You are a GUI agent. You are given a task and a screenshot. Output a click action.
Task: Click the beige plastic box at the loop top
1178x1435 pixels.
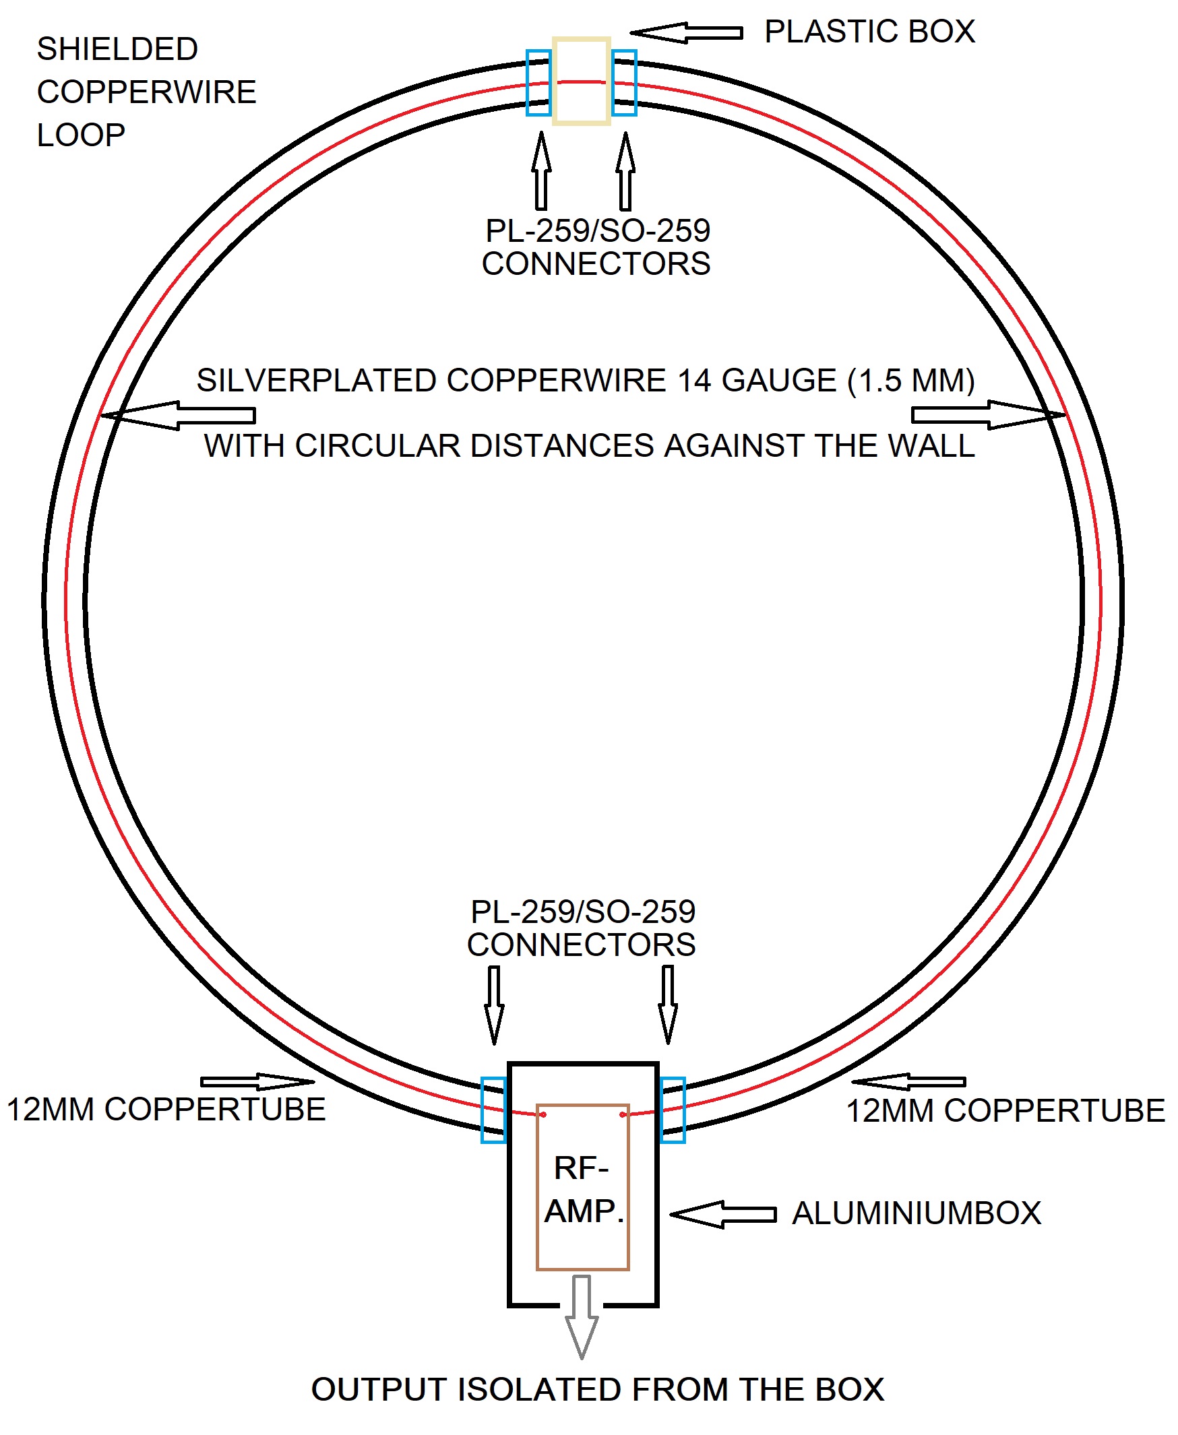click(582, 82)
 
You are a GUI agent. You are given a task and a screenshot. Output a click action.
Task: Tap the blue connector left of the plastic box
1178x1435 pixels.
click(538, 83)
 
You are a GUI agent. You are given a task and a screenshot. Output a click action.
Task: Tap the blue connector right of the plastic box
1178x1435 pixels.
click(624, 83)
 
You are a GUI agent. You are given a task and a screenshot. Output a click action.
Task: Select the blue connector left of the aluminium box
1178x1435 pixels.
click(493, 1110)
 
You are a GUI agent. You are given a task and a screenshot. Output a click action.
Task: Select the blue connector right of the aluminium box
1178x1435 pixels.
click(673, 1110)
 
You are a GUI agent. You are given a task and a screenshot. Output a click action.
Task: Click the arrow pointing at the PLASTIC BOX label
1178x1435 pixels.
click(686, 32)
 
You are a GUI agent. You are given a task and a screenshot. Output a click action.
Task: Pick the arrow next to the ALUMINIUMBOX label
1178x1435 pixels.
click(722, 1215)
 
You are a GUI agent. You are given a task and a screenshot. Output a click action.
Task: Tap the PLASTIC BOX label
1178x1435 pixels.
click(869, 32)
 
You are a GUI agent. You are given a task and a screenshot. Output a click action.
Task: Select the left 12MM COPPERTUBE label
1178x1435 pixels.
click(166, 1110)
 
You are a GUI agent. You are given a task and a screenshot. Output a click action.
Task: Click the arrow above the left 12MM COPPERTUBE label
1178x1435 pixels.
click(258, 1081)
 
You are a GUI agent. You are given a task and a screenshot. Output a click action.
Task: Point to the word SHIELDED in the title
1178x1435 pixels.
click(117, 49)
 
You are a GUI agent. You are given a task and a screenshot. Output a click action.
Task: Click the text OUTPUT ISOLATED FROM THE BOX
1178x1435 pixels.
click(598, 1390)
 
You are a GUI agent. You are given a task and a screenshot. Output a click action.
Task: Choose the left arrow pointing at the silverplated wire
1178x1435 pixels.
click(179, 415)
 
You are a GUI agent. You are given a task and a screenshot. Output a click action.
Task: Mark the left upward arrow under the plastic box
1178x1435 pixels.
click(541, 171)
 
